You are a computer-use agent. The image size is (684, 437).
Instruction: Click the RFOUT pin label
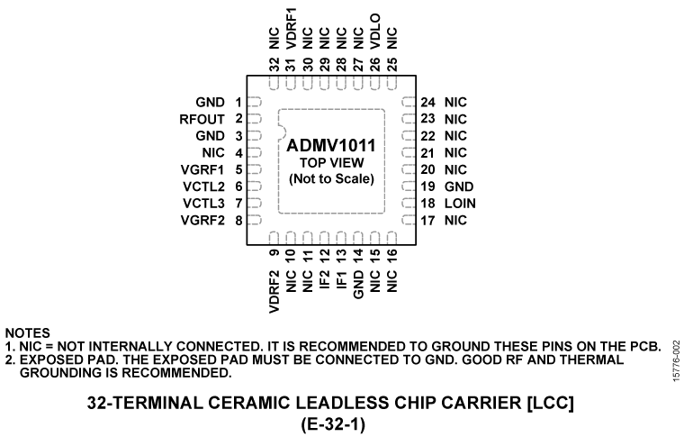(x=202, y=118)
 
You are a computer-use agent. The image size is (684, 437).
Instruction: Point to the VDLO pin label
(x=375, y=33)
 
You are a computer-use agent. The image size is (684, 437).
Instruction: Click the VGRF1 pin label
(x=202, y=169)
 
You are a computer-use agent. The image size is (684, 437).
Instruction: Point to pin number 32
(x=274, y=65)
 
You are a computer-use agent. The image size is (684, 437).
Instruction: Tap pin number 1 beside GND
(x=238, y=101)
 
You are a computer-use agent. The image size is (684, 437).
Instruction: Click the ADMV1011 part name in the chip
(x=331, y=145)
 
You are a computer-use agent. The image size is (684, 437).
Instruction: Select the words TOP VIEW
(x=331, y=163)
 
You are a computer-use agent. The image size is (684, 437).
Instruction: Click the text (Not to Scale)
(x=331, y=179)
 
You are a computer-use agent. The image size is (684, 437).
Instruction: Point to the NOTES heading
(x=27, y=333)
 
